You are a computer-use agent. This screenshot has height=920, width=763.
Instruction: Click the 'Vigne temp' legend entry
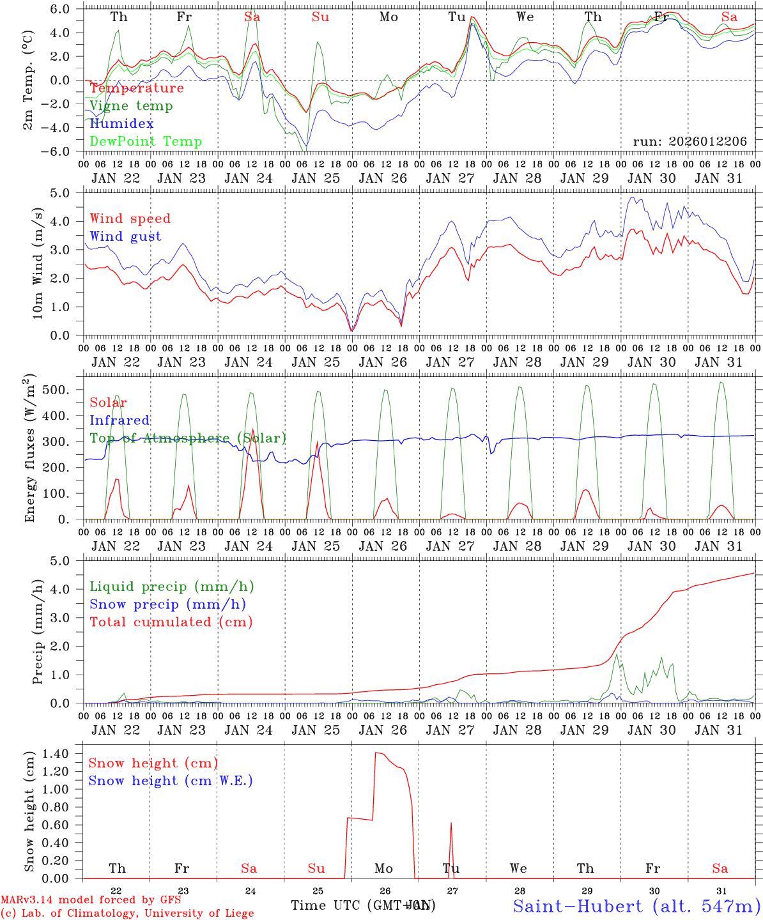[x=131, y=106]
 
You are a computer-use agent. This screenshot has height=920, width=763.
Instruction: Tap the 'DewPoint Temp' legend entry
[x=146, y=142]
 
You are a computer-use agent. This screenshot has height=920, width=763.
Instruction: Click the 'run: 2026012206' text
[x=690, y=142]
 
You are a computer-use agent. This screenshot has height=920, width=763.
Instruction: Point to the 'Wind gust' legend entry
[x=125, y=236]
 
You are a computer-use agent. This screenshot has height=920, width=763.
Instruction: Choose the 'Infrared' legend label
[x=119, y=420]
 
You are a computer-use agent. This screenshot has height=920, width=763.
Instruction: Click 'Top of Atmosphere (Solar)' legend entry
[x=188, y=438]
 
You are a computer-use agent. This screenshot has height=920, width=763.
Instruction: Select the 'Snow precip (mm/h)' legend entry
[x=168, y=604]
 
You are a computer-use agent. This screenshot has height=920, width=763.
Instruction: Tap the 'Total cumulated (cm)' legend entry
[x=171, y=622]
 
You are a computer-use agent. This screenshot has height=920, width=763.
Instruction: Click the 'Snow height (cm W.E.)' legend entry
[x=171, y=781]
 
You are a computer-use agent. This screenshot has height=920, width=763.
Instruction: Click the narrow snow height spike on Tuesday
[x=451, y=824]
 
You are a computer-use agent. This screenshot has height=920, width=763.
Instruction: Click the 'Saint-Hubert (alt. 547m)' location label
[x=636, y=906]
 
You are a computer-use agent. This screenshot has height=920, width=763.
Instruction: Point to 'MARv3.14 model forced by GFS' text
[x=91, y=900]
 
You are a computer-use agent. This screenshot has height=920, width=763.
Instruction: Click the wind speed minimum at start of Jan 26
[x=351, y=330]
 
